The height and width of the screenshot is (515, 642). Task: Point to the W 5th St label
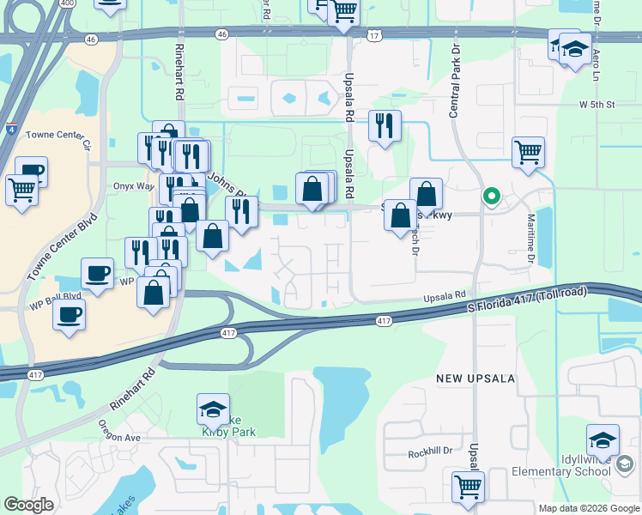(597, 105)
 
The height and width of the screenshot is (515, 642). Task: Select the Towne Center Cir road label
(58, 136)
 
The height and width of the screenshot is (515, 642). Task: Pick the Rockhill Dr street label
(429, 452)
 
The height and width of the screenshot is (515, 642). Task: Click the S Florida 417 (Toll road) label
(527, 299)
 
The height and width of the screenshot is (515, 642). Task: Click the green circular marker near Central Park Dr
(491, 197)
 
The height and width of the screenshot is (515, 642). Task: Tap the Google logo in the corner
(28, 505)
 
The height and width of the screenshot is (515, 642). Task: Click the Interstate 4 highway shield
(10, 130)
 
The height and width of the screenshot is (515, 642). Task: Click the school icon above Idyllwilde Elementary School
(603, 440)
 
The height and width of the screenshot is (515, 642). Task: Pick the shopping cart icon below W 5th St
(528, 153)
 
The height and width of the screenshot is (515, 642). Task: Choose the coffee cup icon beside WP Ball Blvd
(69, 313)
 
